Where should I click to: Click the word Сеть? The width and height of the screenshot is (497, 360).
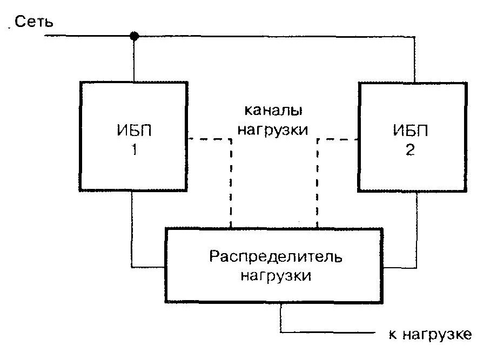[x=33, y=22]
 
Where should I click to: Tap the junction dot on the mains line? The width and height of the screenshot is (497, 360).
[x=135, y=37]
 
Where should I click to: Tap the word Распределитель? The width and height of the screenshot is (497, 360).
[x=276, y=255]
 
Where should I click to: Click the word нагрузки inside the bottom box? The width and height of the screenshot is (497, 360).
[x=276, y=275]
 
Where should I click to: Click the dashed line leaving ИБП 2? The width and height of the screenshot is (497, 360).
[x=337, y=139]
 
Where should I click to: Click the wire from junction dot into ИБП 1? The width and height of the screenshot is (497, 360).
[x=135, y=59]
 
